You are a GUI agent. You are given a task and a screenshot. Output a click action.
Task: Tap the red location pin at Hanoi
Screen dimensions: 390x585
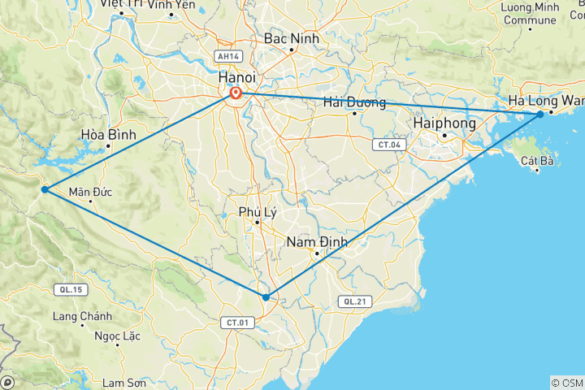coord(236,94)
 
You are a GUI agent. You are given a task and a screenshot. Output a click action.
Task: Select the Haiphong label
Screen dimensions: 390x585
coord(444,121)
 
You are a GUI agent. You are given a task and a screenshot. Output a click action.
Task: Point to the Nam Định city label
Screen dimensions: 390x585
coord(317,241)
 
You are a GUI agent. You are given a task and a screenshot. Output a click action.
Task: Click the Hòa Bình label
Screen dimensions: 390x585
coord(108,133)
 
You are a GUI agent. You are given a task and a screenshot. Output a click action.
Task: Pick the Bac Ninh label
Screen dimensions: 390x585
coord(292,38)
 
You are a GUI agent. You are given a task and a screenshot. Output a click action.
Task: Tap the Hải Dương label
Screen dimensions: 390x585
coord(353,102)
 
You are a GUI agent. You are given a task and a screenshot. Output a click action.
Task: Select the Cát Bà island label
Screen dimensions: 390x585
coord(538,161)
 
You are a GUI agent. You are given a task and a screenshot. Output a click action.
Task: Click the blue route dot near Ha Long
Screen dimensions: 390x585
coord(540,115)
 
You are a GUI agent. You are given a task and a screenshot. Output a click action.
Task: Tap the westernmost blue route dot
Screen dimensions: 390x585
coord(45,190)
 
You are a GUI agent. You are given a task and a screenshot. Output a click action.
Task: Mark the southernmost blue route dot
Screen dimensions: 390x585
coord(266,297)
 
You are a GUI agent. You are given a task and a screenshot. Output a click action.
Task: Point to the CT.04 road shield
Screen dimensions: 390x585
coord(387,145)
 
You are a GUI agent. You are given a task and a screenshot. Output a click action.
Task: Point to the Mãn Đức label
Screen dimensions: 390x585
coord(90,192)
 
